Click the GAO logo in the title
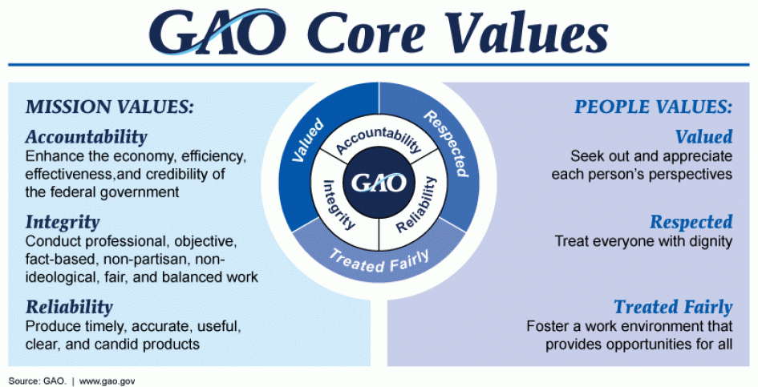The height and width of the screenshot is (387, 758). coord(216,33)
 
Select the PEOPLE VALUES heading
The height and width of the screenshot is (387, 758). coord(654,107)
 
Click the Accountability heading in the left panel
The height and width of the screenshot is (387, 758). coord(86,136)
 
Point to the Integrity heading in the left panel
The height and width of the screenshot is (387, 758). coord(63,222)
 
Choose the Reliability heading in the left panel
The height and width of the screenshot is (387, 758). coord(69,307)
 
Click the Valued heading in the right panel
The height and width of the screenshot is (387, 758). coord(703,136)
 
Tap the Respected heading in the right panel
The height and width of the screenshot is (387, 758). coord(691,222)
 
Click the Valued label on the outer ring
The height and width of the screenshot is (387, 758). coord(308,140)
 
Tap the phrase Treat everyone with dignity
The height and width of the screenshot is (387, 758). coord(643,240)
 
